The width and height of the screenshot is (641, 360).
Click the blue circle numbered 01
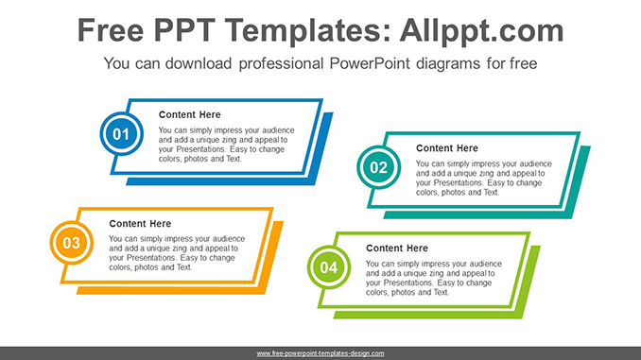coord(121,135)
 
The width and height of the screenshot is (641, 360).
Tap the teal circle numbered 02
coord(378,168)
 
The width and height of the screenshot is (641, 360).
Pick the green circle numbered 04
coord(328,268)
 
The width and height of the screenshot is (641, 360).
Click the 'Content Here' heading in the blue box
coord(189,114)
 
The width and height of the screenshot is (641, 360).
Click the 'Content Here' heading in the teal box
coord(446,148)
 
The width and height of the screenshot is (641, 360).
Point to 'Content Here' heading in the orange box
coord(140,224)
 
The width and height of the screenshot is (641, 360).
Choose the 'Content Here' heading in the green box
coord(397,249)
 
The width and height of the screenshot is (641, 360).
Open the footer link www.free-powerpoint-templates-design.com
coord(320,353)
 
